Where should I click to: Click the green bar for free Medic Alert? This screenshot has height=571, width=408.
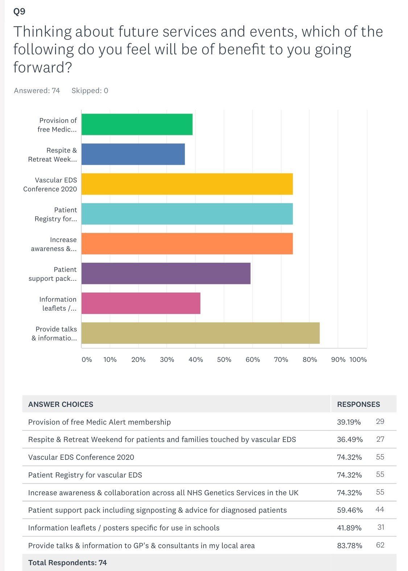(137, 124)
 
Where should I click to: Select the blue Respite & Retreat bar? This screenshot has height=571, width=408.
(133, 154)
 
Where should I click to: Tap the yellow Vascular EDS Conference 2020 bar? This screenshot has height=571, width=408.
(187, 184)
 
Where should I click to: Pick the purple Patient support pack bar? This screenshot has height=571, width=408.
(166, 274)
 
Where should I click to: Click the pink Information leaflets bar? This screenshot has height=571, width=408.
(141, 303)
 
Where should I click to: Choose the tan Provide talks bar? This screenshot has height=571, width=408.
(200, 333)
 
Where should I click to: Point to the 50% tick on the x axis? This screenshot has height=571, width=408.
(224, 359)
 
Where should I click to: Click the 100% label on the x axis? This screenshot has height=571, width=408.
(358, 359)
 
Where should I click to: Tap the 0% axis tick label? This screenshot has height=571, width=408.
(87, 359)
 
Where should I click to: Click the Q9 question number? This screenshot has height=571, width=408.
(19, 12)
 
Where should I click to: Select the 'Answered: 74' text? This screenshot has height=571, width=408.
(37, 91)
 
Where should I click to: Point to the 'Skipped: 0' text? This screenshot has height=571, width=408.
(90, 91)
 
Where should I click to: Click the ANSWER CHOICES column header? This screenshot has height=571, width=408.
(61, 404)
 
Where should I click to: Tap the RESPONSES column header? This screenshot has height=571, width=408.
(358, 404)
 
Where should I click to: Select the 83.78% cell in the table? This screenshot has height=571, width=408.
(349, 546)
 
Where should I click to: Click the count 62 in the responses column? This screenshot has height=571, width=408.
(380, 545)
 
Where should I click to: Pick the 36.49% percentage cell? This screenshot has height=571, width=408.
(350, 439)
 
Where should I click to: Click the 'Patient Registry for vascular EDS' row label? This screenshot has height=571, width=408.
(85, 475)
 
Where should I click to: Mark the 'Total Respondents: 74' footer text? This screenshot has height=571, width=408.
(67, 563)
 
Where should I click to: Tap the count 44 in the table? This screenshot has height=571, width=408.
(379, 510)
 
